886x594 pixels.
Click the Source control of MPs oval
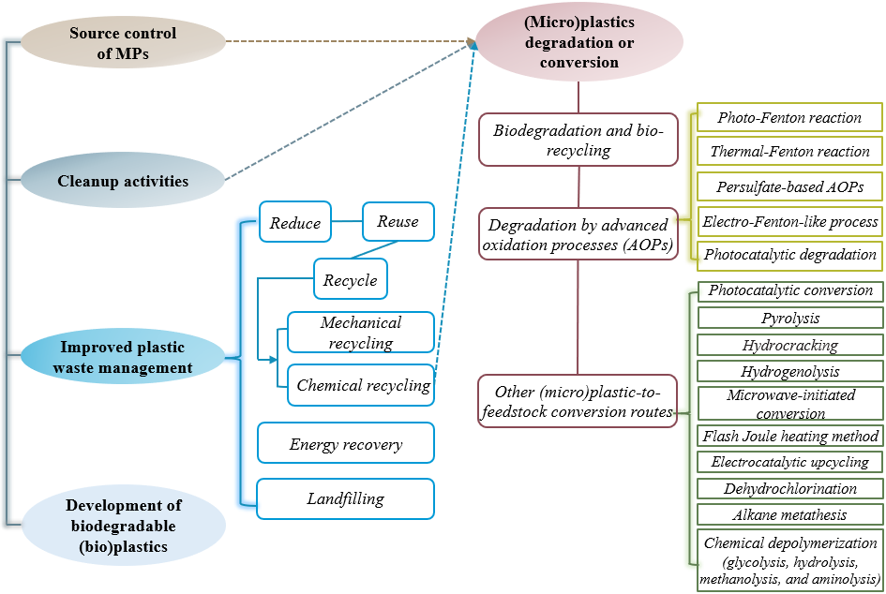coord(123,43)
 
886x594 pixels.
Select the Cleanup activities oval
coord(123,181)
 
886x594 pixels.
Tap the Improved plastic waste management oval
coord(123,356)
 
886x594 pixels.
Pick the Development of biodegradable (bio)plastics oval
coord(123,526)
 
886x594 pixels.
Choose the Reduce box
coord(295,223)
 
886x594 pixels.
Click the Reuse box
coord(398,221)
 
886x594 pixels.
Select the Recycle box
coord(350,279)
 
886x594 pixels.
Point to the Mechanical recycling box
coord(361,333)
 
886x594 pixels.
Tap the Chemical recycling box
coord(361,385)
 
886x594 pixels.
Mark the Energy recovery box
coord(346,443)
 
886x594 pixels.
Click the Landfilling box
coord(346,498)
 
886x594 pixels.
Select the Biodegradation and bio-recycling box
coord(578,140)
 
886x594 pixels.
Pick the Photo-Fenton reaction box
coord(789,118)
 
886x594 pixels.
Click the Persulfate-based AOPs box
coord(789,186)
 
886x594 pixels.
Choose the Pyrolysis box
coord(790,318)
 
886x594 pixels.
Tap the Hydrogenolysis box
coord(790,371)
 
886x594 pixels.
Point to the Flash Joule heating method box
coord(790,435)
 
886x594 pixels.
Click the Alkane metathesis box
coord(790,514)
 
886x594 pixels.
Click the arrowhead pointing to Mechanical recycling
coord(274,359)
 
